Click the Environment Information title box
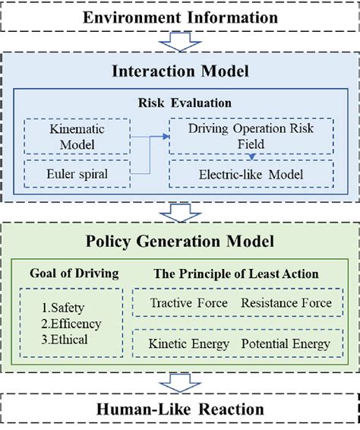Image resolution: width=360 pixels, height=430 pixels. [180, 16]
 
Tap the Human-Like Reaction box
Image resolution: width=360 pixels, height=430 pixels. [180, 409]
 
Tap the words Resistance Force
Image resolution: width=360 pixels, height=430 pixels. [286, 304]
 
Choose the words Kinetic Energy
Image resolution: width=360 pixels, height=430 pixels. [189, 343]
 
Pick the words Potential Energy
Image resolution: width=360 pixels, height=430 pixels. [286, 343]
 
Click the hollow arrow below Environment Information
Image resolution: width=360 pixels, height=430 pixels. [180, 42]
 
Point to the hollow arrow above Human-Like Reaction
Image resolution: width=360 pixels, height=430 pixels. [180, 382]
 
